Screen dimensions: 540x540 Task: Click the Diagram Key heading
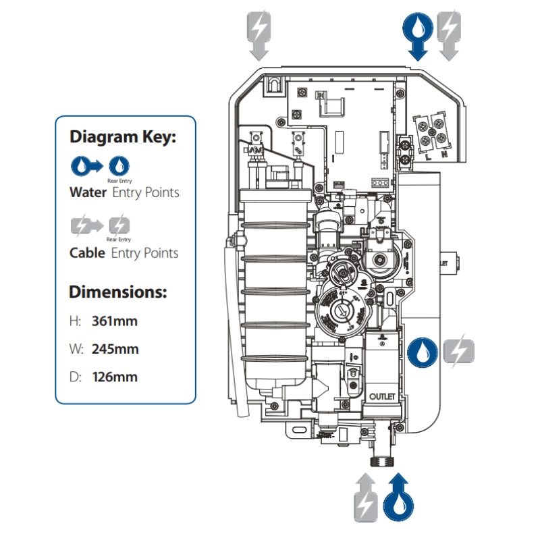coord(123,137)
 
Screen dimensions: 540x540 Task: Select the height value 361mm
coord(114,321)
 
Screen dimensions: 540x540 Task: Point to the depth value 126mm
coord(114,377)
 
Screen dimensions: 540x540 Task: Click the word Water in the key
coord(88,192)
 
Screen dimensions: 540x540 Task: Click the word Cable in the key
coord(87,253)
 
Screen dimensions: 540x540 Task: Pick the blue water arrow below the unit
coord(398,496)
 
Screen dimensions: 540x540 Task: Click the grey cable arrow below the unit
coord(365,496)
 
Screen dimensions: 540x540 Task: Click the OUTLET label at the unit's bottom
coord(381,397)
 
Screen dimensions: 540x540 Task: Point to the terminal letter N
coord(443,155)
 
